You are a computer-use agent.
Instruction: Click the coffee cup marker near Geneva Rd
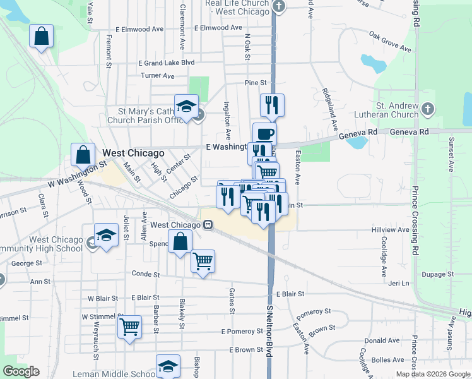point(264,133)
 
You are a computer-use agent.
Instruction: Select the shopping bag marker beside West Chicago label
point(83,153)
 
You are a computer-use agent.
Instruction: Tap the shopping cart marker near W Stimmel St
point(129,327)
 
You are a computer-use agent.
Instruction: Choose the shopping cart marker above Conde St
point(203,260)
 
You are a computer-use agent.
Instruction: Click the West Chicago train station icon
point(207,225)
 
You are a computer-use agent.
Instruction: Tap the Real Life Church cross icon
point(280,7)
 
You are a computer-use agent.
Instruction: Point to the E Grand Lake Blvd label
point(167,63)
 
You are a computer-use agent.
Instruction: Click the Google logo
point(21,371)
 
